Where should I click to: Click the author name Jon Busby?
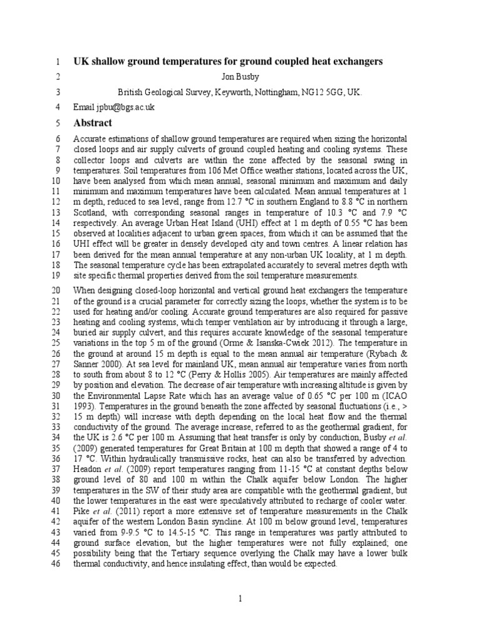click(240, 76)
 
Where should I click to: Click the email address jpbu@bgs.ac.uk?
click(123, 107)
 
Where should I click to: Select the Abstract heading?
click(93, 123)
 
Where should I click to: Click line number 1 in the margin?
click(56, 61)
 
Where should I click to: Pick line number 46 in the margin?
click(54, 563)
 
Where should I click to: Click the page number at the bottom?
click(240, 599)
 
